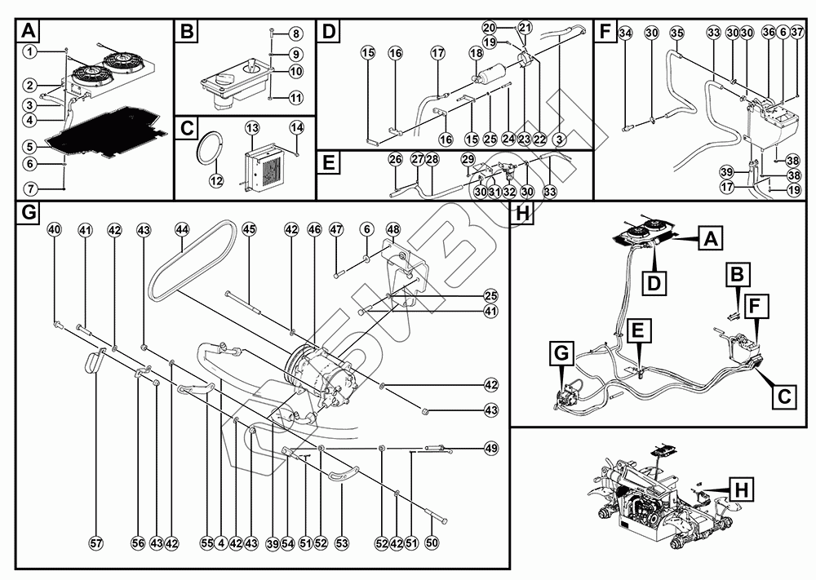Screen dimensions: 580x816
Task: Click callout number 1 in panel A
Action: click(x=29, y=51)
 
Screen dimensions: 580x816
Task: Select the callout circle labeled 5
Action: click(x=29, y=147)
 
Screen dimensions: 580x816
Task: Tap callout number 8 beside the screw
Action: click(x=295, y=33)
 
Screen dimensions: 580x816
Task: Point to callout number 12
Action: click(x=216, y=180)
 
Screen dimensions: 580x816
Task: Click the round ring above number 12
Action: click(x=211, y=149)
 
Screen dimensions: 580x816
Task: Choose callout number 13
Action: click(x=252, y=128)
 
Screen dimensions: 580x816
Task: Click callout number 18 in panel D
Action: click(x=477, y=53)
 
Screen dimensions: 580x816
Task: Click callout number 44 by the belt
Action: click(x=182, y=231)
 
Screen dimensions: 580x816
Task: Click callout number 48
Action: click(x=392, y=230)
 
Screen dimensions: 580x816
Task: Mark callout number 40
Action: click(x=55, y=231)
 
